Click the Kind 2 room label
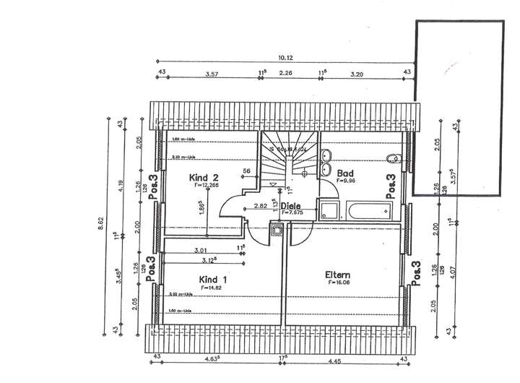point(203,177)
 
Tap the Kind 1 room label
point(213,279)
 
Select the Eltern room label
point(337,275)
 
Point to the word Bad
point(344,173)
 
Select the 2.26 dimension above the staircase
point(286,74)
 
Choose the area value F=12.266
point(206,185)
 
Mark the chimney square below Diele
point(276,232)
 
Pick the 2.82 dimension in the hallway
point(261,207)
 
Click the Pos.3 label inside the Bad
point(391,186)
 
